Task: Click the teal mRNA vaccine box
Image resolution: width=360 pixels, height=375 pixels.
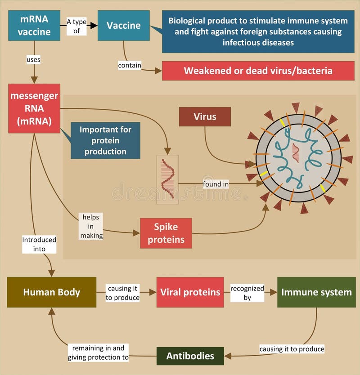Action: (34, 25)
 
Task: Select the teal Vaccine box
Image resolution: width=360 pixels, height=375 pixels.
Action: (123, 25)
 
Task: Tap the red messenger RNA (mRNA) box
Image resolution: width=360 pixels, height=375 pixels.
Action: (34, 108)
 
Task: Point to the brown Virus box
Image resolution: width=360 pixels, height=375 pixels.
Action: (205, 117)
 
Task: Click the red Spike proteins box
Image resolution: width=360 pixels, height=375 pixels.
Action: (166, 233)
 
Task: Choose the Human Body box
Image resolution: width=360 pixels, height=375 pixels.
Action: (52, 292)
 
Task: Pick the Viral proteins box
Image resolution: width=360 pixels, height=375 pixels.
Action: (190, 292)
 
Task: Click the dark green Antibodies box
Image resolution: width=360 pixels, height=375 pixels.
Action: (190, 356)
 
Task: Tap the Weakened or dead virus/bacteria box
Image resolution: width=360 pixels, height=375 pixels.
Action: (258, 71)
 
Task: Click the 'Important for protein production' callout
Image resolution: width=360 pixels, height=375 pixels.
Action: (105, 140)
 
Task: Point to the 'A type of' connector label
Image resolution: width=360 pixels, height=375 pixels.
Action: (76, 26)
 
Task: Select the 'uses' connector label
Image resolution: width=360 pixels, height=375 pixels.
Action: (34, 59)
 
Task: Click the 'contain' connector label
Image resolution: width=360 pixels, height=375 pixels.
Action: (130, 66)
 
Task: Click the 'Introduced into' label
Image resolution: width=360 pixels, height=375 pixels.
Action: (39, 244)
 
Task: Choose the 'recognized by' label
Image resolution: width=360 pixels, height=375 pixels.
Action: (247, 293)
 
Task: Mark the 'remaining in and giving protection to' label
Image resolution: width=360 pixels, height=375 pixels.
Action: (99, 353)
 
